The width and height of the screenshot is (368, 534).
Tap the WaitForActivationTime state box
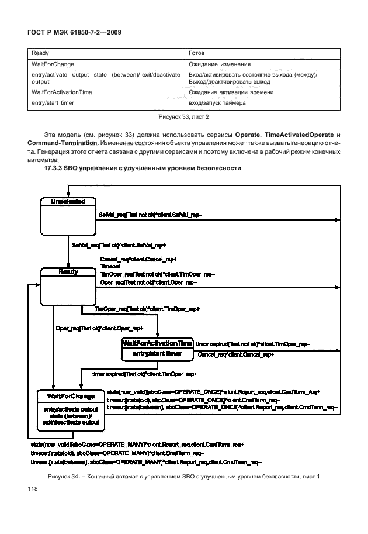(157, 349)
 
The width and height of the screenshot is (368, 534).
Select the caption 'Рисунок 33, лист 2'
(183, 116)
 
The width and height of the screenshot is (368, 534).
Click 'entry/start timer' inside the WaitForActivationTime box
(157, 354)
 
